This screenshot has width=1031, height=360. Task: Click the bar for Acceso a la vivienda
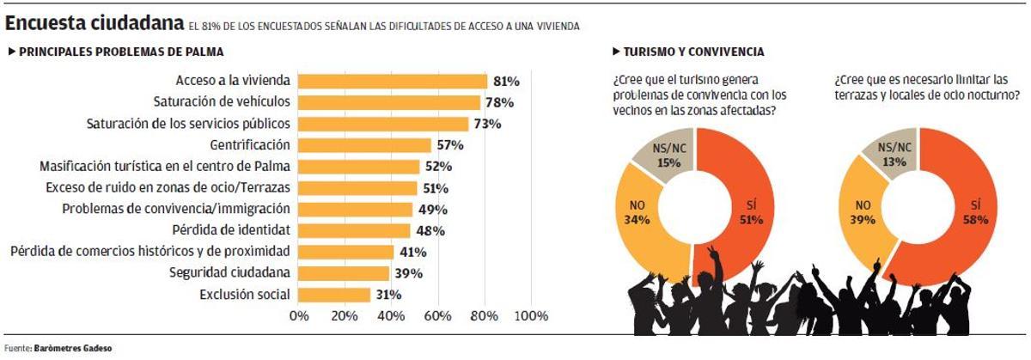[393, 81]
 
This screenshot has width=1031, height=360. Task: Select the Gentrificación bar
[365, 145]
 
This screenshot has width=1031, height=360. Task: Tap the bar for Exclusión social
[334, 295]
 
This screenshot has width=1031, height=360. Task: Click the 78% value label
[499, 102]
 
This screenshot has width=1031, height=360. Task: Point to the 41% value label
[412, 252]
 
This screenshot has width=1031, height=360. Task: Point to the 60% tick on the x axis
[438, 316]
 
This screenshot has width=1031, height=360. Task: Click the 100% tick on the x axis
[530, 316]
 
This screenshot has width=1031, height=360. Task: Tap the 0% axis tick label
[299, 316]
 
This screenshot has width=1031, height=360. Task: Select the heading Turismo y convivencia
[692, 52]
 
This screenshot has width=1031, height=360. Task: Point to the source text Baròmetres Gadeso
[72, 349]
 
